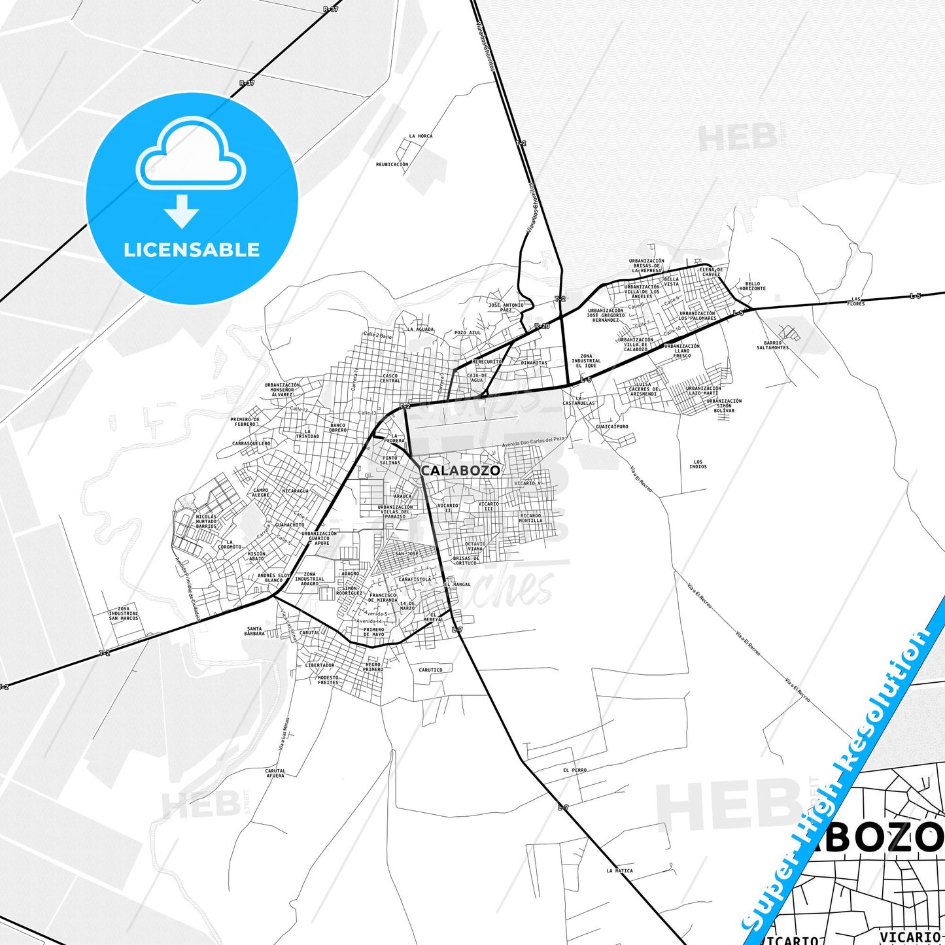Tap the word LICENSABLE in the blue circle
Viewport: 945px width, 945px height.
click(x=192, y=250)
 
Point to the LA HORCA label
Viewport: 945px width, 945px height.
click(x=421, y=136)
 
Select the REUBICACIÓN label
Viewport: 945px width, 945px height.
click(x=392, y=165)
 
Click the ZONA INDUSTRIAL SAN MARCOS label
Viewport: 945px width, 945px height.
click(x=124, y=613)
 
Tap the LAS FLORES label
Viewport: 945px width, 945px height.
click(x=855, y=301)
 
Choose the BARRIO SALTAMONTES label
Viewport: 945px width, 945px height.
click(x=772, y=345)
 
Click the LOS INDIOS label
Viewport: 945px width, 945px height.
click(x=698, y=464)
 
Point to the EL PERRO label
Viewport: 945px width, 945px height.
click(x=575, y=770)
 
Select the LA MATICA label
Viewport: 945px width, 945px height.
click(x=619, y=870)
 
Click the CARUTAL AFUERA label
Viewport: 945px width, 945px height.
click(x=275, y=773)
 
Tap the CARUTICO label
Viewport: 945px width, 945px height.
click(x=430, y=670)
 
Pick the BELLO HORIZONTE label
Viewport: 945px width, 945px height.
click(x=752, y=286)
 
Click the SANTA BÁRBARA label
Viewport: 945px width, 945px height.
click(x=254, y=631)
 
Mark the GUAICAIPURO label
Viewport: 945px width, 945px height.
click(x=612, y=426)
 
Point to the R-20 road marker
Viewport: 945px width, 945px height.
click(x=541, y=326)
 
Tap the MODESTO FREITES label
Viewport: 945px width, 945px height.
click(x=328, y=680)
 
